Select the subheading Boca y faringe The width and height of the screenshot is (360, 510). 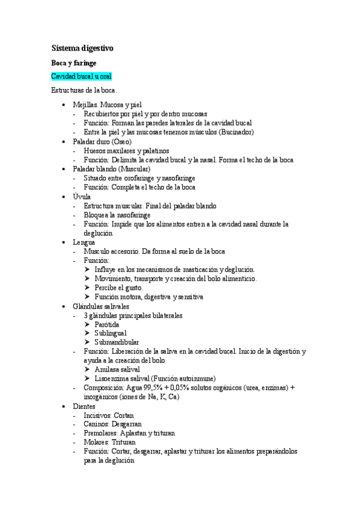[73, 62]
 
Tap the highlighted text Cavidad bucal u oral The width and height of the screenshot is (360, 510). [81, 76]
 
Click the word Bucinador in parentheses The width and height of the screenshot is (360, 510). [237, 132]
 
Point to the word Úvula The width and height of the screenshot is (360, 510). [81, 197]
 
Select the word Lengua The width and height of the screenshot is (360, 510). [84, 242]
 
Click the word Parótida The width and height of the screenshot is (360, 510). [106, 324]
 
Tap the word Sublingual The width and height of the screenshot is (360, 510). [110, 333]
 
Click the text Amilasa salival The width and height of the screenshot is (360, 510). [117, 369]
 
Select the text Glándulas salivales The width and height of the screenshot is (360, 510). [100, 306]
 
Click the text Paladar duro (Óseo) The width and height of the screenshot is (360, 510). [102, 141]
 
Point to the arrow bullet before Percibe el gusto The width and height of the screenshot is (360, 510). [88, 287]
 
